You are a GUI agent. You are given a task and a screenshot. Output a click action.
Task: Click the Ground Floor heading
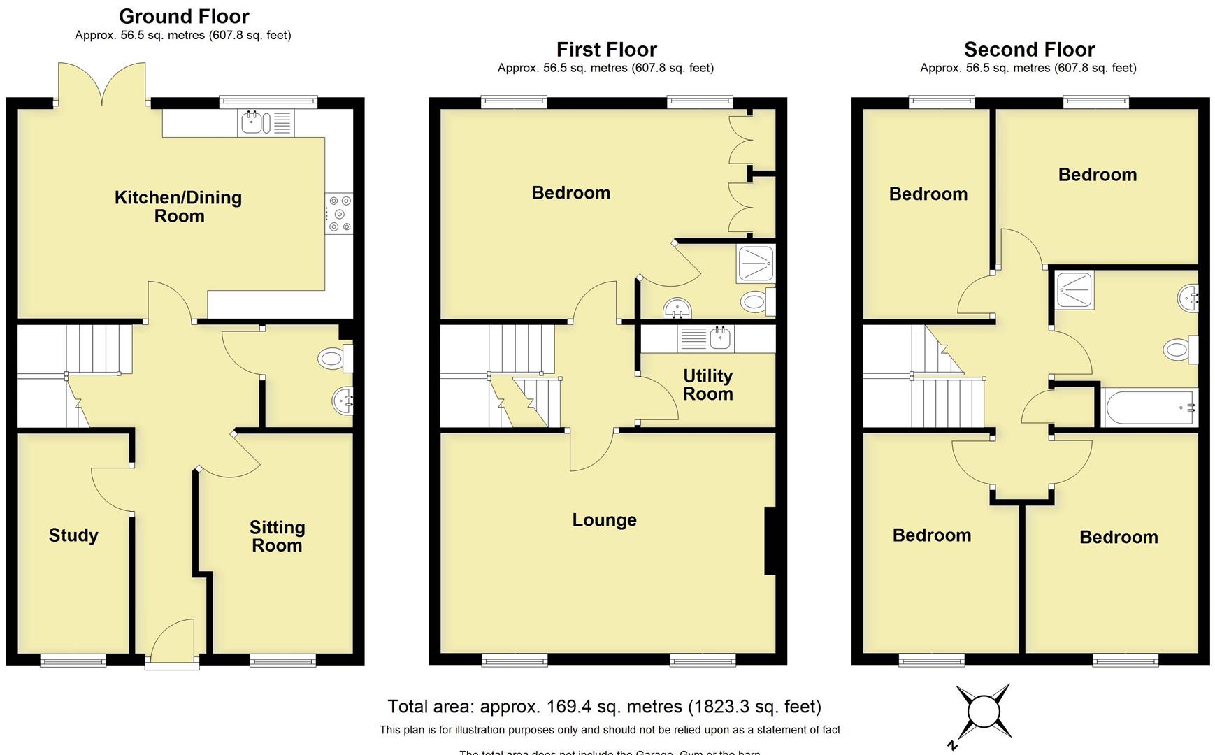[x=184, y=16]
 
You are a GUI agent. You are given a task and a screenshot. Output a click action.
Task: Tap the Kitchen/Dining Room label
[x=178, y=206]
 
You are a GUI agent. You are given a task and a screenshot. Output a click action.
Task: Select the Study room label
[x=73, y=535]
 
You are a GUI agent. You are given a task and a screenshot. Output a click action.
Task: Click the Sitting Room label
[x=277, y=536]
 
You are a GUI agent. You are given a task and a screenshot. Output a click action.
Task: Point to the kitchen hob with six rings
[x=339, y=214]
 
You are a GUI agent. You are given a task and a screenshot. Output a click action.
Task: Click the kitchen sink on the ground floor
[x=252, y=123]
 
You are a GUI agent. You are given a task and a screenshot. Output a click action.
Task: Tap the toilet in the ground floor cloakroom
[x=333, y=359]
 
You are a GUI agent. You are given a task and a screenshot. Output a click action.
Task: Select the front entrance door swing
[x=171, y=640]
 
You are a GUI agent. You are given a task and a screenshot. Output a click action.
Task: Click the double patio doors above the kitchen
[x=103, y=85]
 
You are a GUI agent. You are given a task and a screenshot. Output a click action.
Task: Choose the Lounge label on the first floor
[x=604, y=520]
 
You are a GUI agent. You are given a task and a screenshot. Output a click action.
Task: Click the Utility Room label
[x=707, y=384]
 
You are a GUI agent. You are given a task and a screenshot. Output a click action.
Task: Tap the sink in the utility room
[x=720, y=338]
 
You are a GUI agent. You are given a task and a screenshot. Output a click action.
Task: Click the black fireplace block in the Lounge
[x=770, y=541]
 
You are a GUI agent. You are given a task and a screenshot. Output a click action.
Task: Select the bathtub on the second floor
[x=1149, y=408]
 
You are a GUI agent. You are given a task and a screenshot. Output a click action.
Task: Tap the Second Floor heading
[x=1029, y=50]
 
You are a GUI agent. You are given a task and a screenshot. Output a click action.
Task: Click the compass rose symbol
[x=983, y=712]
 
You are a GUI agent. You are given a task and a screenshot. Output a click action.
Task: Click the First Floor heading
[x=606, y=50]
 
